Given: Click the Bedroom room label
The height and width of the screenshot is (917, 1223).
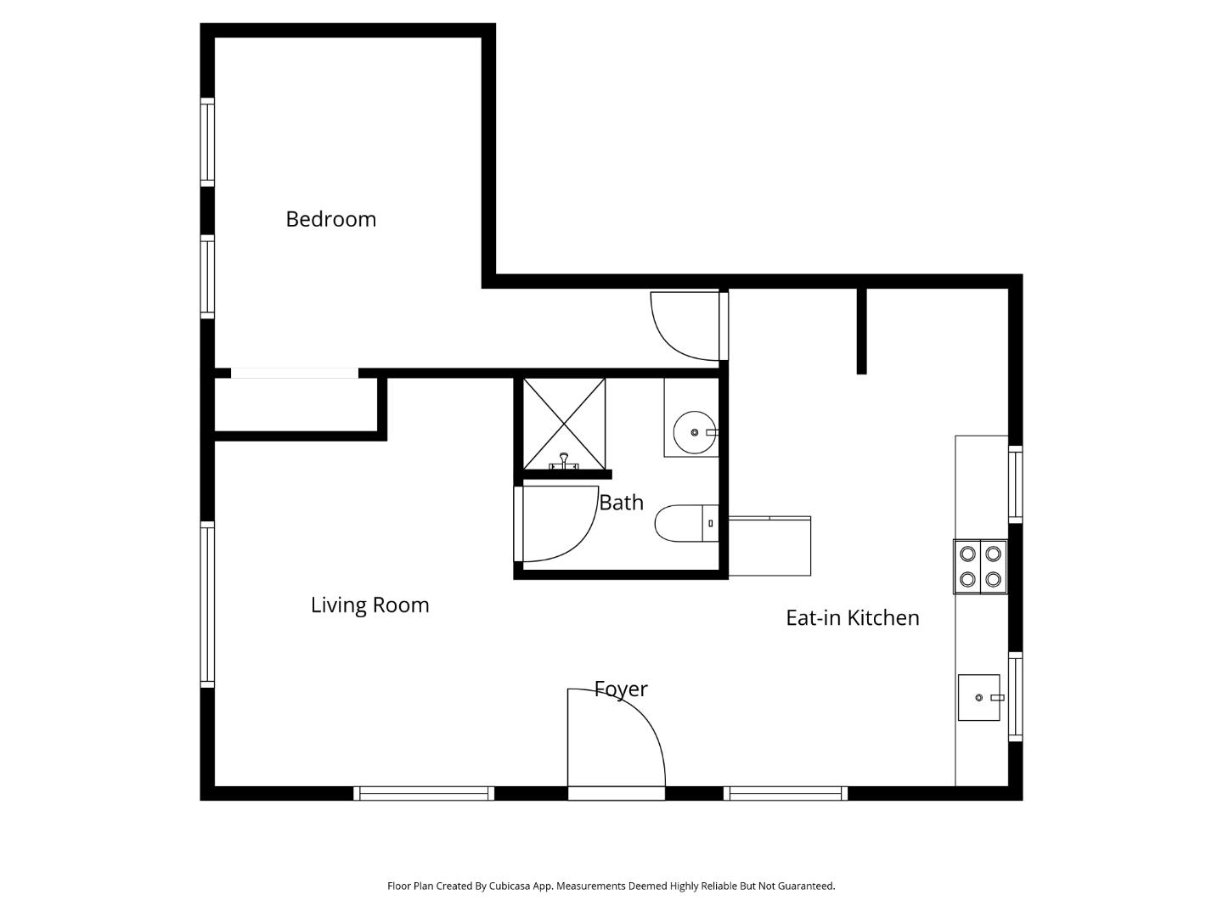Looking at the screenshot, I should point(330,219).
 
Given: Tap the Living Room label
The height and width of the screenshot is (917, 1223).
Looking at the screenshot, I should point(369,605).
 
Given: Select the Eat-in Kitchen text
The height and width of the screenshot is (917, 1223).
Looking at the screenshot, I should point(852,618).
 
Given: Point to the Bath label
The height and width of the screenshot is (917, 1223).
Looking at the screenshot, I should point(621,503).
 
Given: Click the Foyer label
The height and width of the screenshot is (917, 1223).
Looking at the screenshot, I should point(620,689).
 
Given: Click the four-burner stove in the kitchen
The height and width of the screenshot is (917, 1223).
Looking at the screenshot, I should point(980,566).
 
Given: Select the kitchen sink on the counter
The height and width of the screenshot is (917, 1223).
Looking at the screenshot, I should point(979,697).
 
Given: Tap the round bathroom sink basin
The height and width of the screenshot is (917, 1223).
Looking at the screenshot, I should point(694,432).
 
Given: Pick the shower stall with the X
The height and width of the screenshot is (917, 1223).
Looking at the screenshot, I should point(564,423).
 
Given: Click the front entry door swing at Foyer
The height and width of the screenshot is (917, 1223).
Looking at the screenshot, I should point(615,739).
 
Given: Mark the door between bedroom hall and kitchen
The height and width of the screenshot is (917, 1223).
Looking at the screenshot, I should point(685,325).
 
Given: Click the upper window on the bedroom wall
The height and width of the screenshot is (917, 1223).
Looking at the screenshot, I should point(206,142).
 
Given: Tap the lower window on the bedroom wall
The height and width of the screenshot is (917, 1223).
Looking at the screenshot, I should point(206,277).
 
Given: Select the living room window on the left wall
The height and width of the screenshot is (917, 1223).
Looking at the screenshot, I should point(206,604).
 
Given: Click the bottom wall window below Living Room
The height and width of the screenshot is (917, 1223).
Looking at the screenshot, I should point(424,793).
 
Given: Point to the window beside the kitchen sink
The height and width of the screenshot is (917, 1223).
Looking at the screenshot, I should point(1015,696).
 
